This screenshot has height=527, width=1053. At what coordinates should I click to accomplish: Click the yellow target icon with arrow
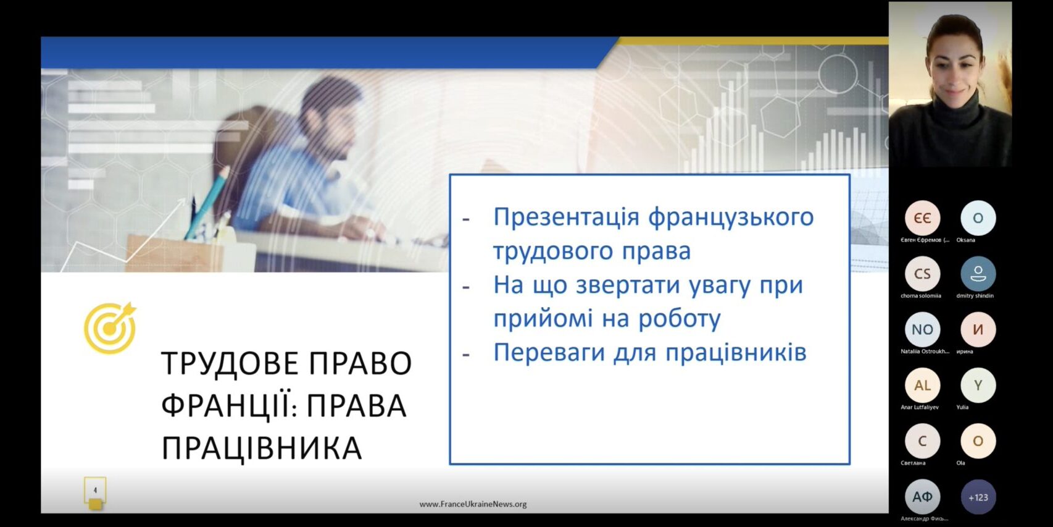click(110, 328)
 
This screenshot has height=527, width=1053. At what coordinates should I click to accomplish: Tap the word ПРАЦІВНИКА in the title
click(261, 449)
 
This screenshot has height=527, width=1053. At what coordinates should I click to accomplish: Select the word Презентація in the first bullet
click(567, 217)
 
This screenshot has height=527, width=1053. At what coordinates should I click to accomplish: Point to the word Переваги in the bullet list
click(549, 353)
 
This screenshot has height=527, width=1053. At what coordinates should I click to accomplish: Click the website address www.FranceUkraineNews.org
click(473, 504)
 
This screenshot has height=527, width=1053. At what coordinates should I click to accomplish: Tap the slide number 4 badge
click(95, 491)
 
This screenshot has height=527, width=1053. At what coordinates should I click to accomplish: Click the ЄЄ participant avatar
click(922, 218)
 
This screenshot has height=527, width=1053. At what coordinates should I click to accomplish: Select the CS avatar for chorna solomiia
click(922, 274)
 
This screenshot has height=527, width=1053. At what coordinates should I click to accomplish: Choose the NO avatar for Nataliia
click(922, 329)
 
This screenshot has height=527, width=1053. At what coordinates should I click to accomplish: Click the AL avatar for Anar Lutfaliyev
click(922, 386)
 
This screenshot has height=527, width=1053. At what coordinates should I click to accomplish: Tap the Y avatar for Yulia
click(978, 386)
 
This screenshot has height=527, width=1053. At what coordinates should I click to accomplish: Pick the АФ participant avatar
click(922, 497)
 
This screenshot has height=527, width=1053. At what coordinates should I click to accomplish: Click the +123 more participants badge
click(978, 497)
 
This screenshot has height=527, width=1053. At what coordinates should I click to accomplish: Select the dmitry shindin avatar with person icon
click(978, 274)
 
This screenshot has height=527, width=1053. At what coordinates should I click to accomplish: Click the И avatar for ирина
click(978, 329)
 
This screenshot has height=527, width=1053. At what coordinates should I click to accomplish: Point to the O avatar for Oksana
click(978, 218)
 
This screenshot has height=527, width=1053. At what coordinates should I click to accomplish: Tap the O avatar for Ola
click(978, 441)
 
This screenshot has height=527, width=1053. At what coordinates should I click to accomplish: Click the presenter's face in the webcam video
click(954, 71)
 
